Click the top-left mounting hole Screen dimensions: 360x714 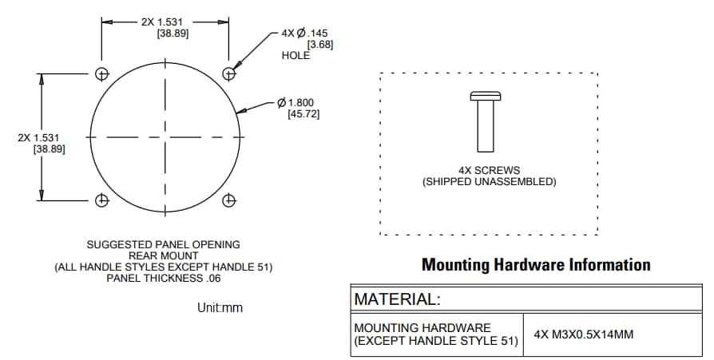pyautogui.click(x=101, y=73)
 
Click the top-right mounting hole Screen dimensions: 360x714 pyautogui.click(x=229, y=73)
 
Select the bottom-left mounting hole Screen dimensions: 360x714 pyautogui.click(x=101, y=200)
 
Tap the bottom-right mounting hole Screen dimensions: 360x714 pyautogui.click(x=229, y=200)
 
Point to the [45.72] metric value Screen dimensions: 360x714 pyautogui.click(x=303, y=114)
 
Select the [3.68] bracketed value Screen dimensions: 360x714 pyautogui.click(x=319, y=44)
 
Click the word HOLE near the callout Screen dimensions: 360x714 pyautogui.click(x=296, y=56)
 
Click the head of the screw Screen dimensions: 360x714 pyautogui.click(x=485, y=97)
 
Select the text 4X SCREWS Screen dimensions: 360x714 pyautogui.click(x=489, y=170)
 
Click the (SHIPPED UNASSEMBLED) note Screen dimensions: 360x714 pyautogui.click(x=489, y=182)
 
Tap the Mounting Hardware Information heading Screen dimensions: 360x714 pyautogui.click(x=536, y=264)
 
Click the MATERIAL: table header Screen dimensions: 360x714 pyautogui.click(x=397, y=299)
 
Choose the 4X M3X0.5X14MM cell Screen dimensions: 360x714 pyautogui.click(x=583, y=334)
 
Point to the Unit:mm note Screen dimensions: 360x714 pyautogui.click(x=219, y=307)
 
